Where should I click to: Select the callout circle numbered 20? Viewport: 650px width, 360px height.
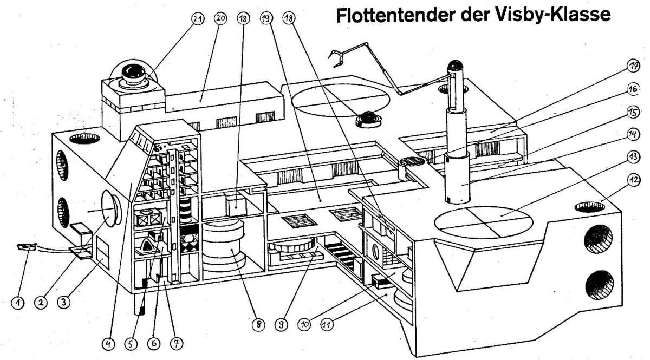(x=220, y=18)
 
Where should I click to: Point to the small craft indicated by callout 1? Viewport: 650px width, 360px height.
(x=26, y=247)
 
